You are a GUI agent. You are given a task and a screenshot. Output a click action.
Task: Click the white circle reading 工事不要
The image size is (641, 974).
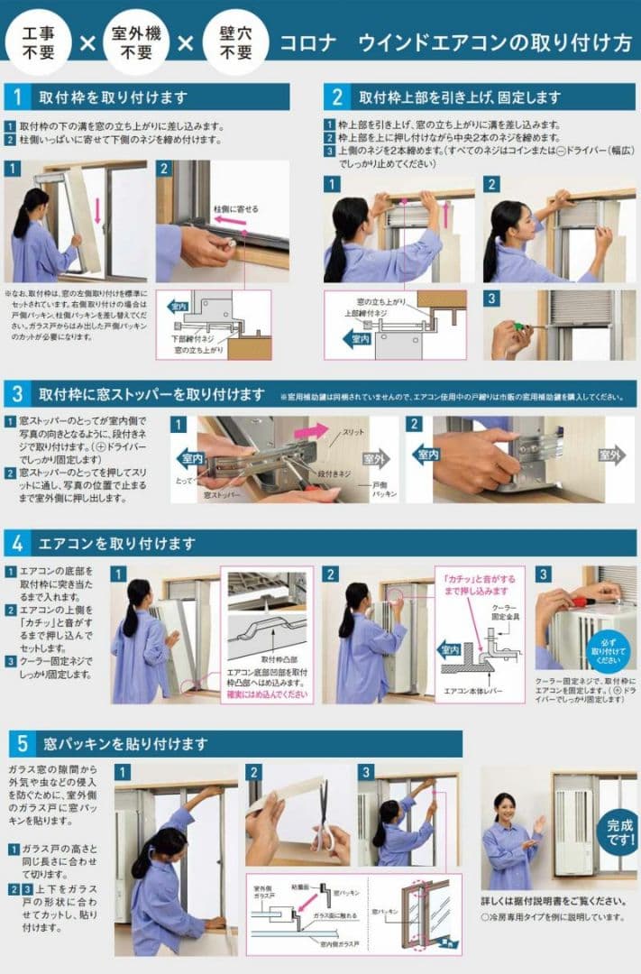click(x=37, y=42)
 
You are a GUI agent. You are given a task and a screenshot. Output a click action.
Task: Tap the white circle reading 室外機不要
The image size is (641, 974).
click(x=134, y=42)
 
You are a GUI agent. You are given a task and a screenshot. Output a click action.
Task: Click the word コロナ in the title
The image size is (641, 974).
click(x=308, y=43)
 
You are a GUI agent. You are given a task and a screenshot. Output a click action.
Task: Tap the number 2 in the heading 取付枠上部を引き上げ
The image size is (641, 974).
click(x=337, y=96)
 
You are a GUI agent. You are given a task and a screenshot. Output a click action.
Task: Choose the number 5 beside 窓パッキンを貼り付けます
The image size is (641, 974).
click(x=21, y=744)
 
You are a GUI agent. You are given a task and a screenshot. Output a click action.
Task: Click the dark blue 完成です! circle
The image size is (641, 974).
click(x=618, y=832)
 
